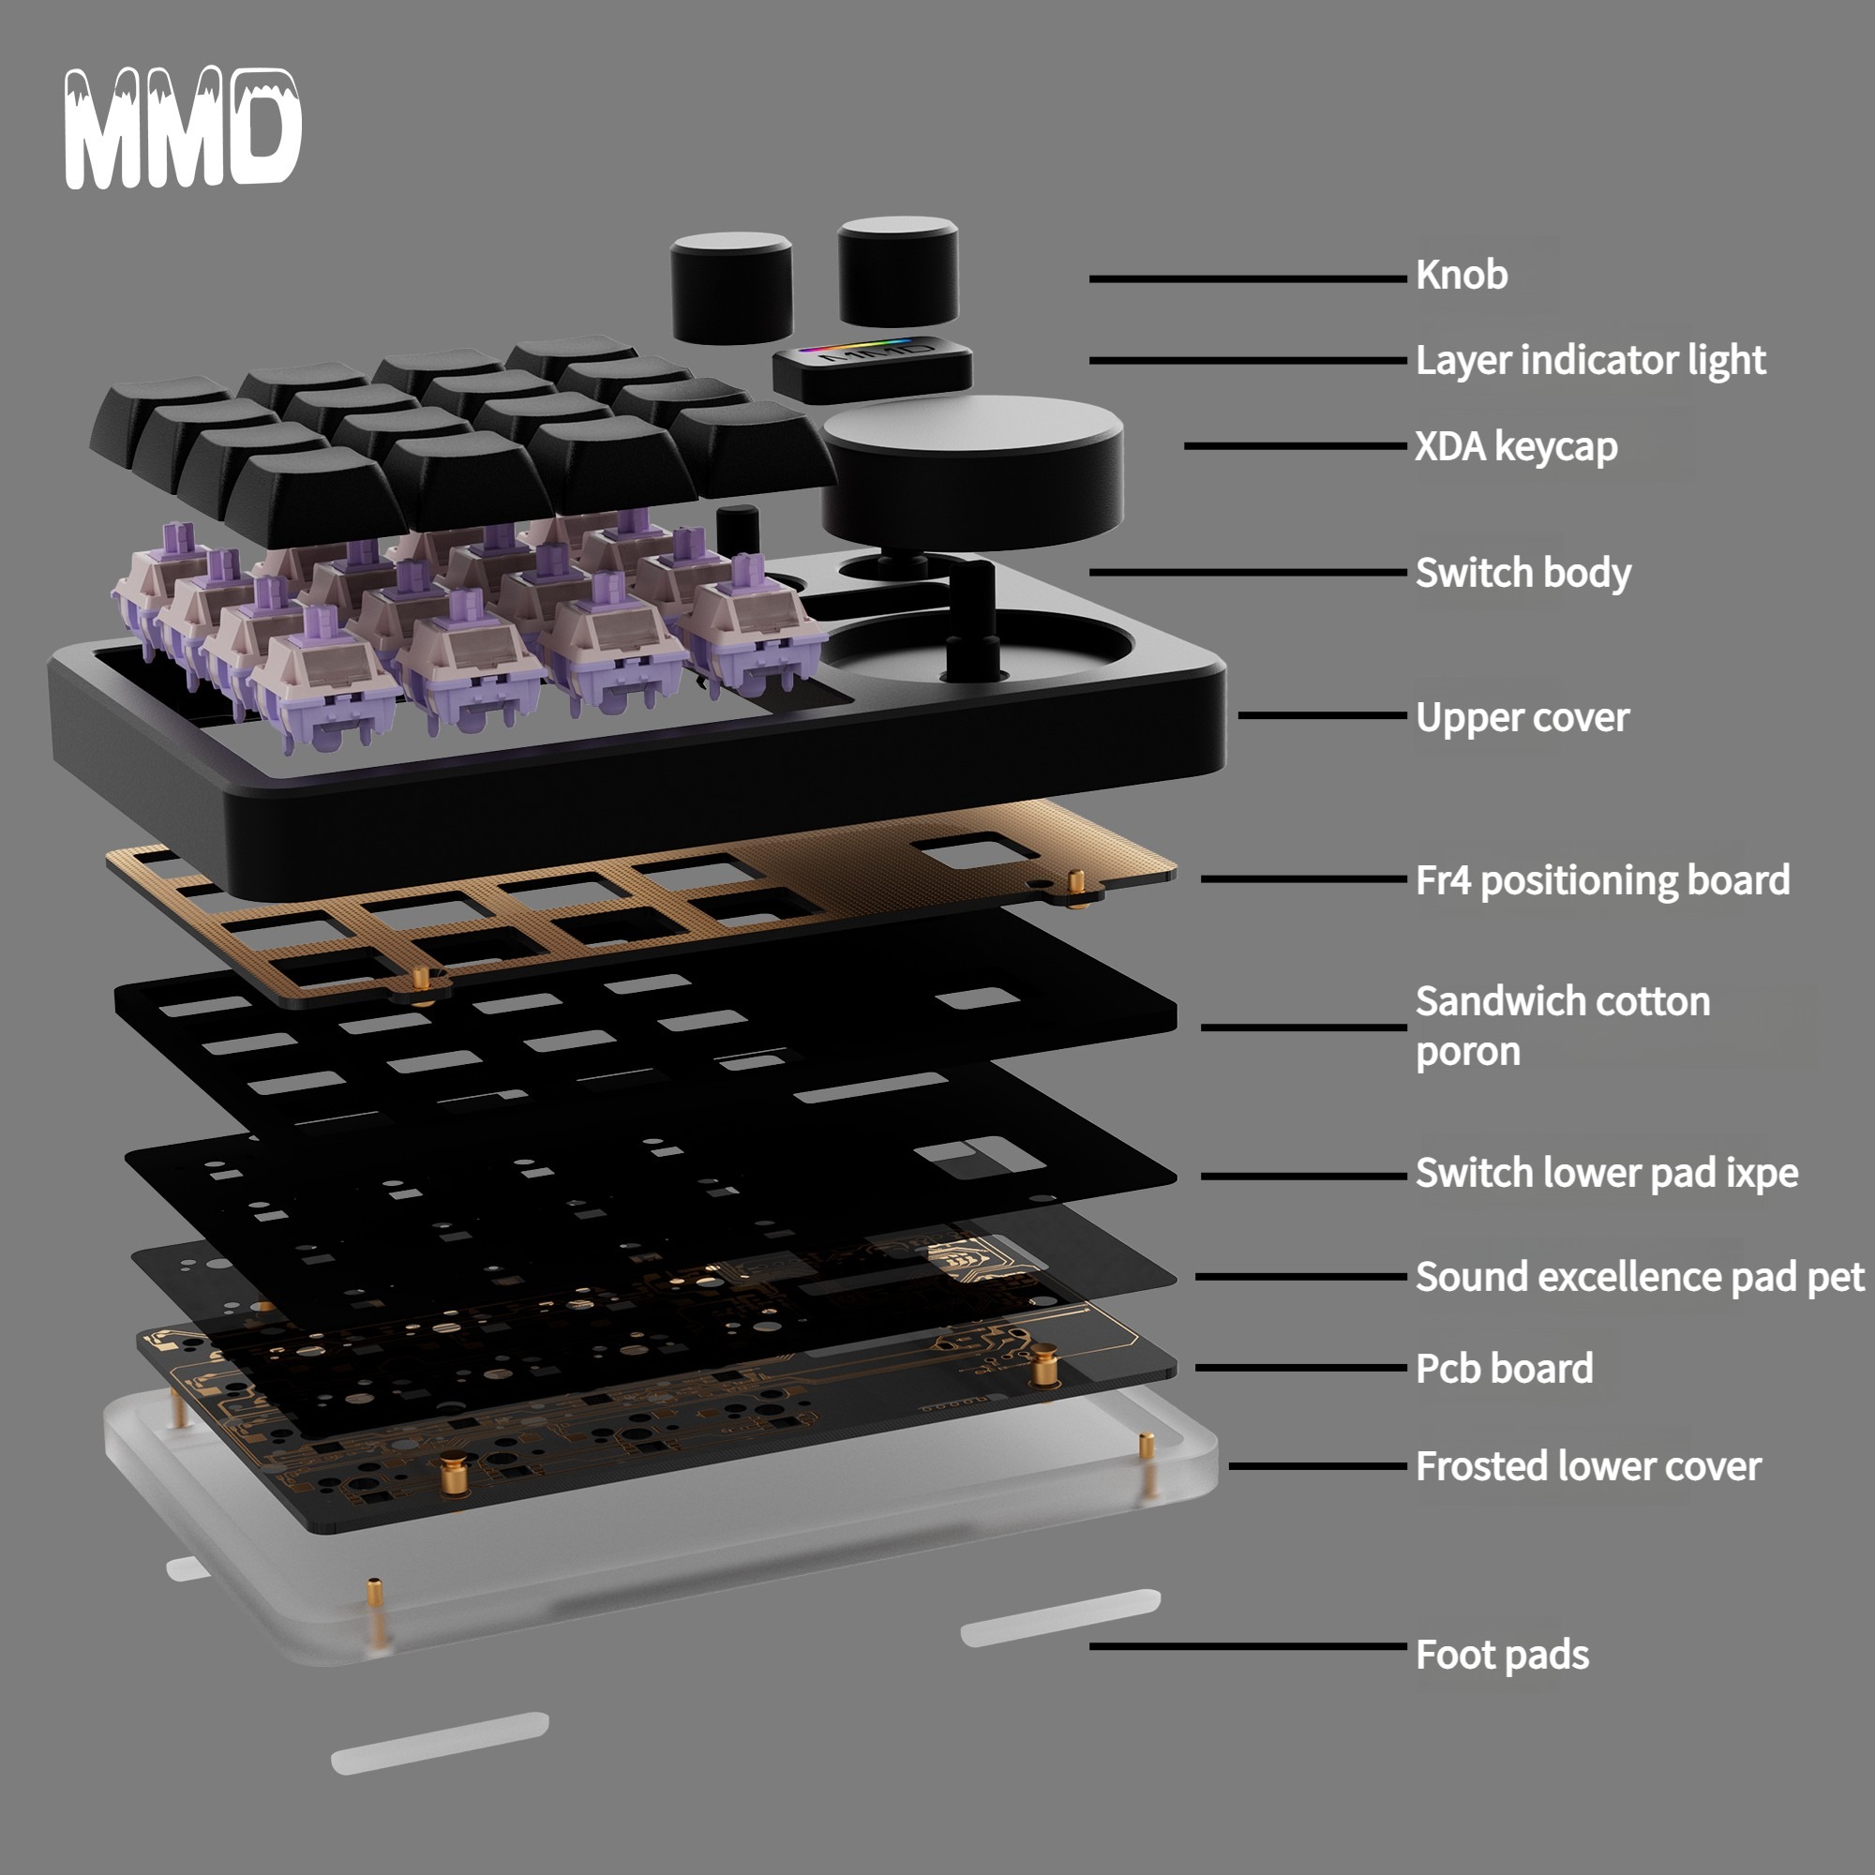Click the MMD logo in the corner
[183, 127]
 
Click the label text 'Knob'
[1462, 275]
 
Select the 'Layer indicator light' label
[1591, 360]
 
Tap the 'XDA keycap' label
[1516, 446]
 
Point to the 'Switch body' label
[1522, 573]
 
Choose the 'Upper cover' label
[1522, 717]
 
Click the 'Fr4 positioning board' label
[1602, 880]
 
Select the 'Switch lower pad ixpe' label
[1606, 1173]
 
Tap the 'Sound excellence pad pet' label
[1639, 1276]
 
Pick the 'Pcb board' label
[1505, 1369]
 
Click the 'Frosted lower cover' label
[1588, 1466]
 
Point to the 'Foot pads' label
[1502, 1655]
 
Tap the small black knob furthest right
[898, 271]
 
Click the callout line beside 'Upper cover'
[1322, 715]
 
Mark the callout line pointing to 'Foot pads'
[1247, 1646]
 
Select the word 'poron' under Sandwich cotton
[1467, 1052]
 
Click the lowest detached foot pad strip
[440, 1744]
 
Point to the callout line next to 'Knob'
[1247, 278]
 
